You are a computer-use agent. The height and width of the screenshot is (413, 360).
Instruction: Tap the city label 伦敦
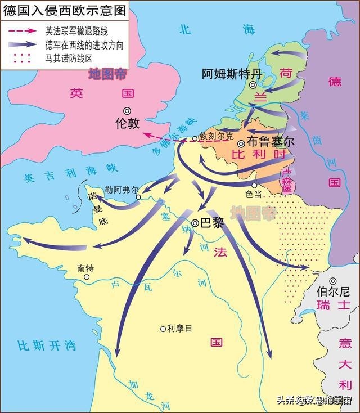(x=127, y=123)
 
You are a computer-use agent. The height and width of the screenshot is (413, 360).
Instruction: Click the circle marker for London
(x=128, y=110)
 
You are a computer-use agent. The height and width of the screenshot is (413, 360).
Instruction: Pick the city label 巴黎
(x=211, y=223)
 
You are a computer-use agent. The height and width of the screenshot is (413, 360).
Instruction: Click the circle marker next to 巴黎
(x=195, y=223)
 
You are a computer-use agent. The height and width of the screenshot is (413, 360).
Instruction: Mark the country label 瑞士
(x=333, y=306)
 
